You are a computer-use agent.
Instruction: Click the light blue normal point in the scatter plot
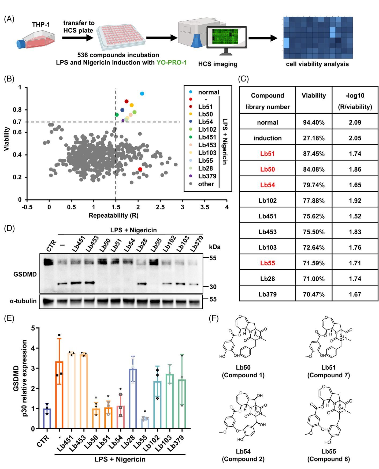point(142,94)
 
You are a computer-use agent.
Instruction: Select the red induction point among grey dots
point(140,169)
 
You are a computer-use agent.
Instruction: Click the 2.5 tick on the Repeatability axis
point(160,207)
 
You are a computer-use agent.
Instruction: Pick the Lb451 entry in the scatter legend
point(207,137)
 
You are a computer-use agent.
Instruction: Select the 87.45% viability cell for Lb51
point(314,154)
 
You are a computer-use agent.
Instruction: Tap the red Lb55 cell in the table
point(267,263)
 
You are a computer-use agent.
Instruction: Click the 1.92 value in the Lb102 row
point(355,201)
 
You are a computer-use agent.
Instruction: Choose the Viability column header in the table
point(314,96)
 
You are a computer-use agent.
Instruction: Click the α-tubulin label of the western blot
point(23,301)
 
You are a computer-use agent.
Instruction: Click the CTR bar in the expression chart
point(47,418)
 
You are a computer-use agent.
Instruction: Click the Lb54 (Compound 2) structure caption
point(243,455)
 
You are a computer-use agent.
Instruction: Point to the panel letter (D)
point(9,228)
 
